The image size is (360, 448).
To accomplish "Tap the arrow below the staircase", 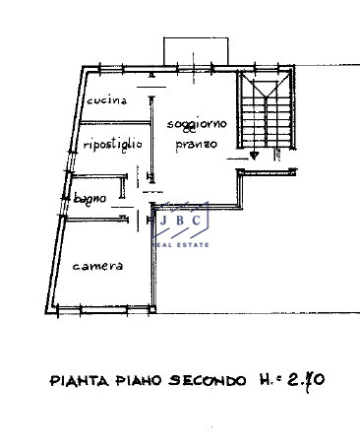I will click(254, 154).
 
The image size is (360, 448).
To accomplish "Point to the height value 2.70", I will click(297, 379).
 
